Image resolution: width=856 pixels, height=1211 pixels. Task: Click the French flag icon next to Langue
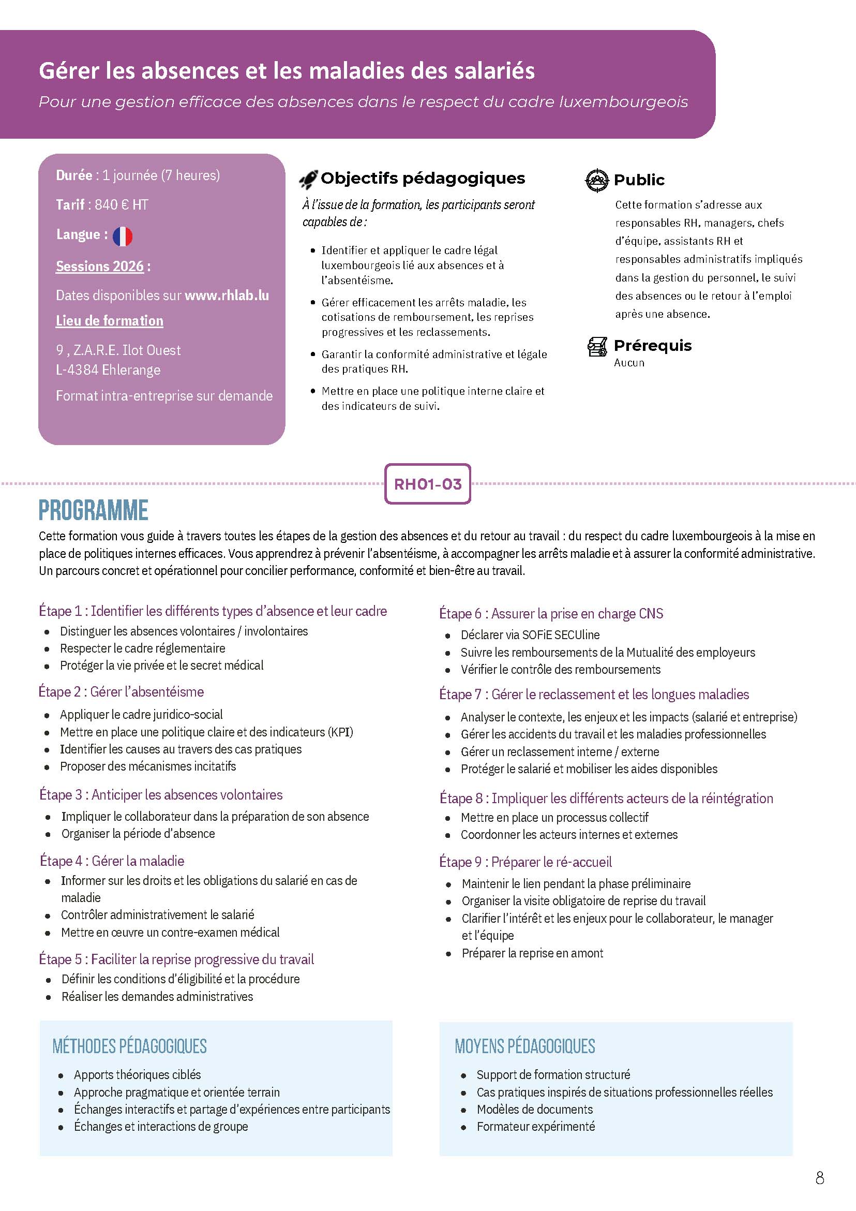pos(122,237)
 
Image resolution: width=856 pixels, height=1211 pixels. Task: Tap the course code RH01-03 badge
pos(427,484)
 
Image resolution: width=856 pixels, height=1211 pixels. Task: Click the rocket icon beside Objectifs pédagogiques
pos(308,180)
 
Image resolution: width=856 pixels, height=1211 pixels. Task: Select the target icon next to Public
pos(597,181)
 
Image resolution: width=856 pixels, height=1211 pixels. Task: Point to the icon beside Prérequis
pos(597,347)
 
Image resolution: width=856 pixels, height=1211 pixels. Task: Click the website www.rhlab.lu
pos(227,296)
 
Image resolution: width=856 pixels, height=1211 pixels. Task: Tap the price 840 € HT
pos(121,204)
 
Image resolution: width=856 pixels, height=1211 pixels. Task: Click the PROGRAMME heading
pos(93,510)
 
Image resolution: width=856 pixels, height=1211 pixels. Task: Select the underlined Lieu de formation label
pos(110,321)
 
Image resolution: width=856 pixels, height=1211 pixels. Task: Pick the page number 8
pos(820,1178)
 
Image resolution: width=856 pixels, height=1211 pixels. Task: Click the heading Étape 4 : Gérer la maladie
pos(112,861)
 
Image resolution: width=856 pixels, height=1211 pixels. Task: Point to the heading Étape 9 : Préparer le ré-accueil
pos(525,862)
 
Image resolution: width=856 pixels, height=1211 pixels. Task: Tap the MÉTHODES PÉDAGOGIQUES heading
pos(130,1046)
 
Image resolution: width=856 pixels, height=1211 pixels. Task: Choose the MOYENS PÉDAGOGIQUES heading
pos(525,1046)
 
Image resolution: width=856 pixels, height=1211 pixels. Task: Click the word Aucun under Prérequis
pos(629,363)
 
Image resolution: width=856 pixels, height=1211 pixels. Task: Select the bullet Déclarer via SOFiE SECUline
pos(530,635)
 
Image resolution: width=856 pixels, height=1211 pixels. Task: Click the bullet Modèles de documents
pos(534,1109)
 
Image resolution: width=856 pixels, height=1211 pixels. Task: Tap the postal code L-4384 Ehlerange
pos(108,370)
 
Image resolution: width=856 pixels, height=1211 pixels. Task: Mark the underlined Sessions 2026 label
pos(100,267)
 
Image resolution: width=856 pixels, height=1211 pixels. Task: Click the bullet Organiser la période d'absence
pos(138,833)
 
